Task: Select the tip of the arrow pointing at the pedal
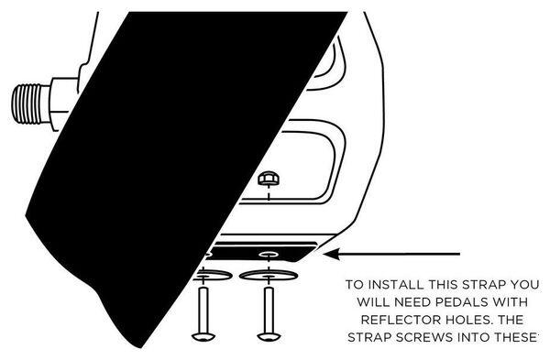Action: (x=324, y=254)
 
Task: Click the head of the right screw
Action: (x=269, y=337)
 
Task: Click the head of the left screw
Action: (x=203, y=337)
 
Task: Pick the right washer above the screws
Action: (x=269, y=275)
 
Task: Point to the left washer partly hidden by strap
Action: (x=213, y=275)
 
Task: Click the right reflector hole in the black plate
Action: (x=269, y=254)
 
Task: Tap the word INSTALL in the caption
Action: (x=397, y=284)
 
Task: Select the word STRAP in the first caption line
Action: (x=483, y=284)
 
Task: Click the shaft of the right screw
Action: (x=269, y=310)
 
